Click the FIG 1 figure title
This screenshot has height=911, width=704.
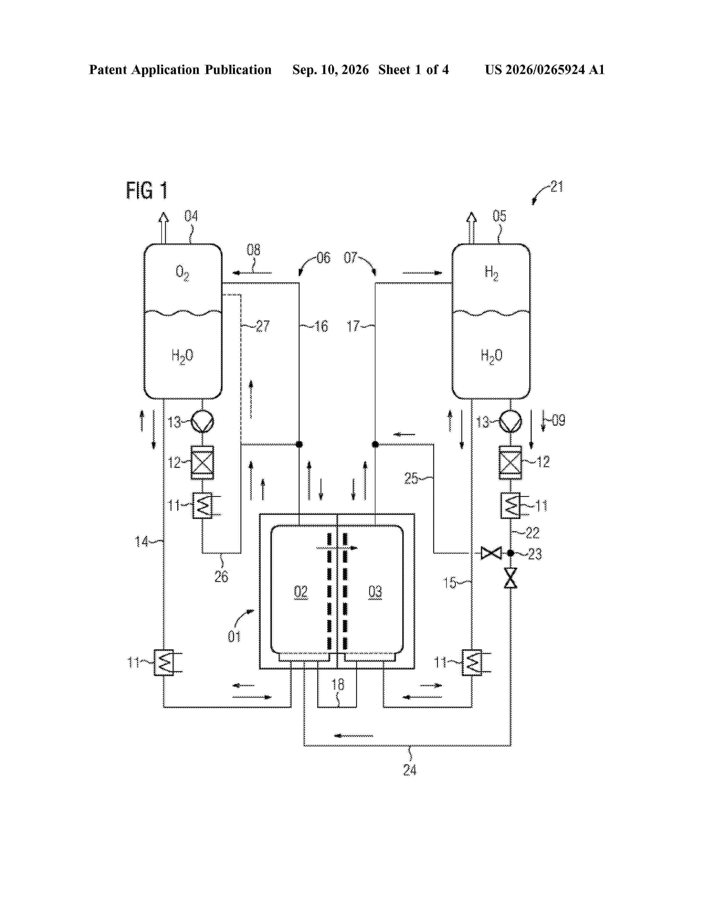tap(147, 191)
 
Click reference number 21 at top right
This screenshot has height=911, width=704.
tap(557, 186)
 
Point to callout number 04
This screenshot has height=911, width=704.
tap(191, 216)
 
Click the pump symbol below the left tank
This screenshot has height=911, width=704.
tap(202, 422)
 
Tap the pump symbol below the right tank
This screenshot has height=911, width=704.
tap(510, 422)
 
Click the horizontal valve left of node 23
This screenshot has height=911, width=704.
tap(491, 553)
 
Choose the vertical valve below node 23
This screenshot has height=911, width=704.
tap(510, 578)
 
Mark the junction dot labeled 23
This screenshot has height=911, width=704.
tap(510, 553)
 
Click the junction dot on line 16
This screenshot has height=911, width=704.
tap(299, 444)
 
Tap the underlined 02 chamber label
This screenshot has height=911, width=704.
tap(301, 592)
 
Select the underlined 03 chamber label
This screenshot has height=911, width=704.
tap(375, 592)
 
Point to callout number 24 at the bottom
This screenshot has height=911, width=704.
tap(409, 770)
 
